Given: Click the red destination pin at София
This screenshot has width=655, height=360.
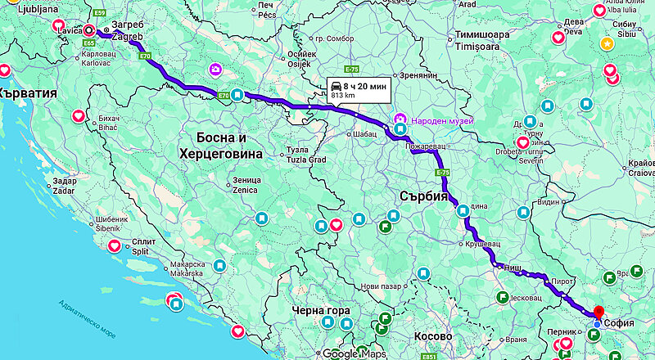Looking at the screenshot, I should tap(598, 313).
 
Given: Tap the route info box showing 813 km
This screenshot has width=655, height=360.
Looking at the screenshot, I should tap(358, 89).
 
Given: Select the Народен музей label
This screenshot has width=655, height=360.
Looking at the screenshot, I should tap(443, 119).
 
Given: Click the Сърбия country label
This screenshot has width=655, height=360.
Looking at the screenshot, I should tap(424, 196).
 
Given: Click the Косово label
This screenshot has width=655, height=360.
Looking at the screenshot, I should tap(431, 336).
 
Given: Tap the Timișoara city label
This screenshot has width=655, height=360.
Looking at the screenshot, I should tap(489, 47).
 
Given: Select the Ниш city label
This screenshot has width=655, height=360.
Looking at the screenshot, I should tap(512, 267).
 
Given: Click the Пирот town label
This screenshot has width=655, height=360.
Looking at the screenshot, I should tap(561, 281).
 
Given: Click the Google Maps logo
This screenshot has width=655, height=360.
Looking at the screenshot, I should tap(353, 353).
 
